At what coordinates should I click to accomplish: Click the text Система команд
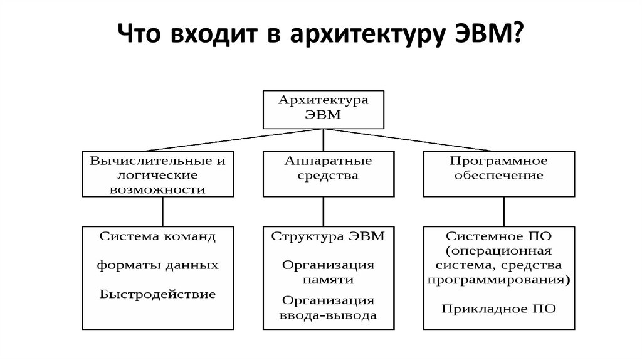pos(157,238)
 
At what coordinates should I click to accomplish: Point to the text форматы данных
pos(157,265)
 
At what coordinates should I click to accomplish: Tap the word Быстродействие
pos(157,294)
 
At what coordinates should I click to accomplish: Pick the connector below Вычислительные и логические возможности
pos(163,211)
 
